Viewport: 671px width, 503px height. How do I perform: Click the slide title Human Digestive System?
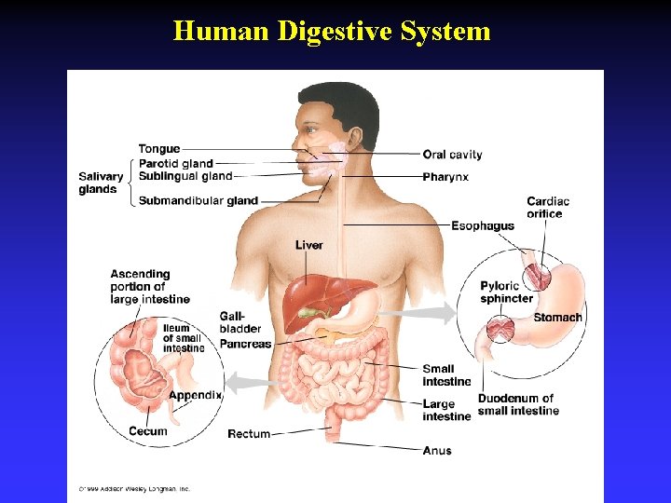point(332,32)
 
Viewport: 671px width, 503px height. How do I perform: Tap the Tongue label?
point(159,149)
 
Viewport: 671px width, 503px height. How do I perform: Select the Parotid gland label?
point(176,164)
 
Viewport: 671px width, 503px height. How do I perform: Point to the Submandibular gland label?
point(199,200)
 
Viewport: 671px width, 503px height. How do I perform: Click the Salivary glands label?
point(101,183)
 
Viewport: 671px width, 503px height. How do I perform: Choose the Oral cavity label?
point(452,155)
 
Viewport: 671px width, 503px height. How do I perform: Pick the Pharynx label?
point(445,177)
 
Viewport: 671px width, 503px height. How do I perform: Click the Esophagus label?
point(483,225)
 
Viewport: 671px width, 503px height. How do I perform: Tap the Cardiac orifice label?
point(548,208)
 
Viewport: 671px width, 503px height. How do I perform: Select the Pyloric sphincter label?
point(507,292)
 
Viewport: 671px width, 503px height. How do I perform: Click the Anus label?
point(436,451)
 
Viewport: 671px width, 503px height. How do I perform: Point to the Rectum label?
point(249,434)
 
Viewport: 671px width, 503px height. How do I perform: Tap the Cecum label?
point(148,431)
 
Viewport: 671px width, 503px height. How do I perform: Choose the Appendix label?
point(195,395)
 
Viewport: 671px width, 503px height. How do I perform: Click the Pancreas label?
point(245,344)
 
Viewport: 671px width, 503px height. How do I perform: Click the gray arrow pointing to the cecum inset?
point(249,381)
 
